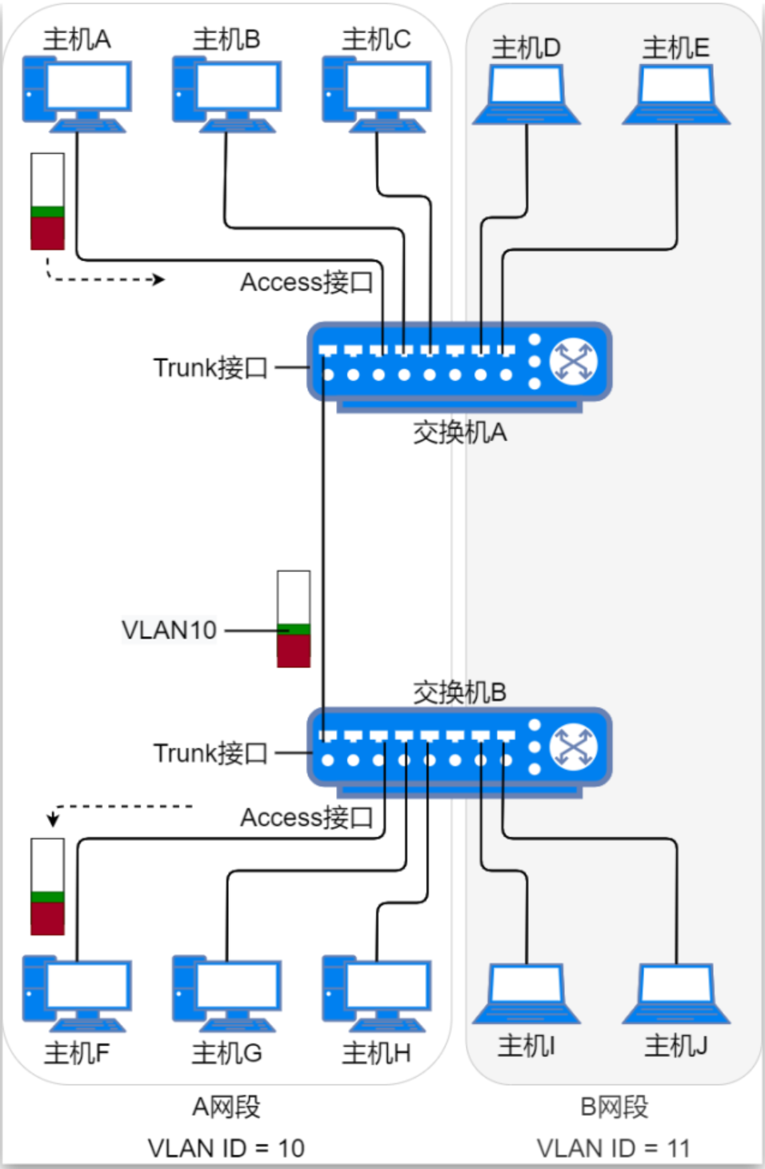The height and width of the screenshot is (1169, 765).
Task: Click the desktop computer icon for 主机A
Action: (x=77, y=93)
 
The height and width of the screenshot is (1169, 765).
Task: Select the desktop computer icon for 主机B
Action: (x=226, y=93)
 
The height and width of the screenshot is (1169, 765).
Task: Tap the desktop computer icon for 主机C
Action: (x=376, y=93)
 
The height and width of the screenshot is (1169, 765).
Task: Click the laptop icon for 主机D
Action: (x=526, y=94)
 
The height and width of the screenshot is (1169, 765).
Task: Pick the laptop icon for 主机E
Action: (x=676, y=94)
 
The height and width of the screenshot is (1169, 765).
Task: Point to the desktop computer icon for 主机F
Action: (x=77, y=993)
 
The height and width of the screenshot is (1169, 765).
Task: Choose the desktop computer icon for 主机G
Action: (x=226, y=993)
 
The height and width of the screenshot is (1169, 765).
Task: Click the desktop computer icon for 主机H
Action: (x=376, y=993)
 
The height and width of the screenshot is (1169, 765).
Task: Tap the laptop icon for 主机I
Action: (x=526, y=994)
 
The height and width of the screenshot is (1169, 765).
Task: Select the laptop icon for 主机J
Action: (x=676, y=994)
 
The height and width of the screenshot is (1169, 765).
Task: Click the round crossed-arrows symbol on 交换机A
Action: (x=574, y=362)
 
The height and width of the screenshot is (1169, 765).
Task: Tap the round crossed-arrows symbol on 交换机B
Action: (x=574, y=747)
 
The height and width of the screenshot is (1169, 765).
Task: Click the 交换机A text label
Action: (x=459, y=432)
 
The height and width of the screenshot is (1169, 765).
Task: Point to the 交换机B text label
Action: (x=459, y=691)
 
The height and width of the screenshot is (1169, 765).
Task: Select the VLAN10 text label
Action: (x=169, y=631)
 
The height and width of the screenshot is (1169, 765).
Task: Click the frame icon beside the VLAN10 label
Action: (x=294, y=619)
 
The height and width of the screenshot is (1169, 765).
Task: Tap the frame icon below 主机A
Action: (x=47, y=202)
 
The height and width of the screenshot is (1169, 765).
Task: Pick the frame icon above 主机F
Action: (x=47, y=887)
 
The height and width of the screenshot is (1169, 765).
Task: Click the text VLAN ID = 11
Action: (x=613, y=1148)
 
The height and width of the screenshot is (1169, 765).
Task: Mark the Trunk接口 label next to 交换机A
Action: (x=210, y=368)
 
